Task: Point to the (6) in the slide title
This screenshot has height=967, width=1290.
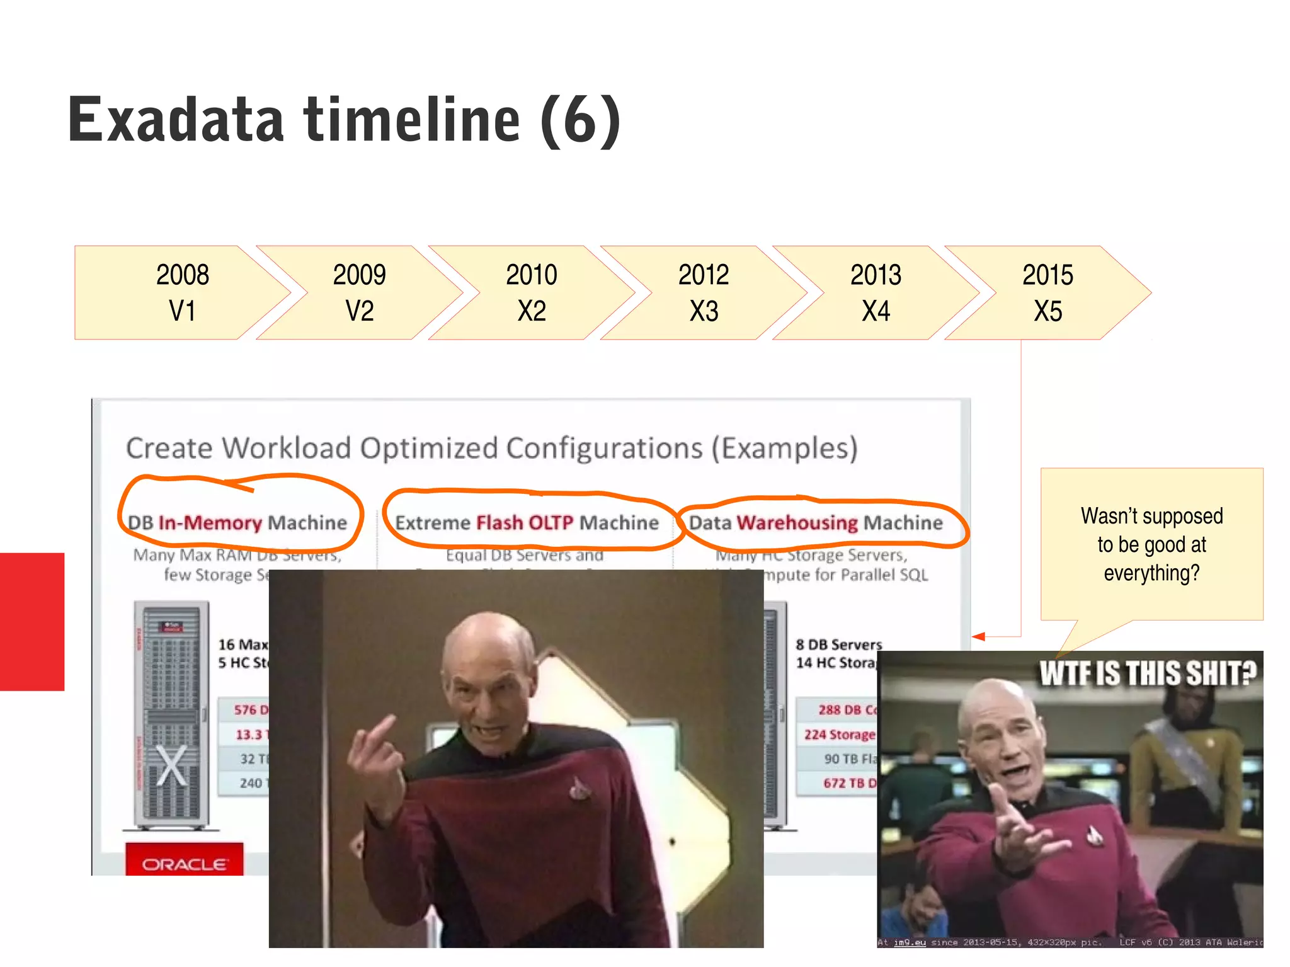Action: pos(580,121)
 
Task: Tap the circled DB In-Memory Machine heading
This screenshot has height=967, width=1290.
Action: pos(237,522)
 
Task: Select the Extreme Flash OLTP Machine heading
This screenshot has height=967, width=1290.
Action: pos(527,522)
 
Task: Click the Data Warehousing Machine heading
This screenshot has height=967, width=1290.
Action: pos(816,522)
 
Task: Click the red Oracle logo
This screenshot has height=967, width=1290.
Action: pos(184,864)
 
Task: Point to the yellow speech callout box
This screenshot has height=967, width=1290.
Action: pos(1151,544)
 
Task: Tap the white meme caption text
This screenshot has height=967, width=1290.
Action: pos(1147,673)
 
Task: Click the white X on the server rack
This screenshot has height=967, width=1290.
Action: pos(171,765)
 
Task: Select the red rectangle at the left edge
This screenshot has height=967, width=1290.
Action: pos(31,621)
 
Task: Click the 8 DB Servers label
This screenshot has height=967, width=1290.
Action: pos(838,644)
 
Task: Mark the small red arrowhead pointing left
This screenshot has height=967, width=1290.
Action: pos(978,637)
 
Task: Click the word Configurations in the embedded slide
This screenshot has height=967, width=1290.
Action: pos(604,448)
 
